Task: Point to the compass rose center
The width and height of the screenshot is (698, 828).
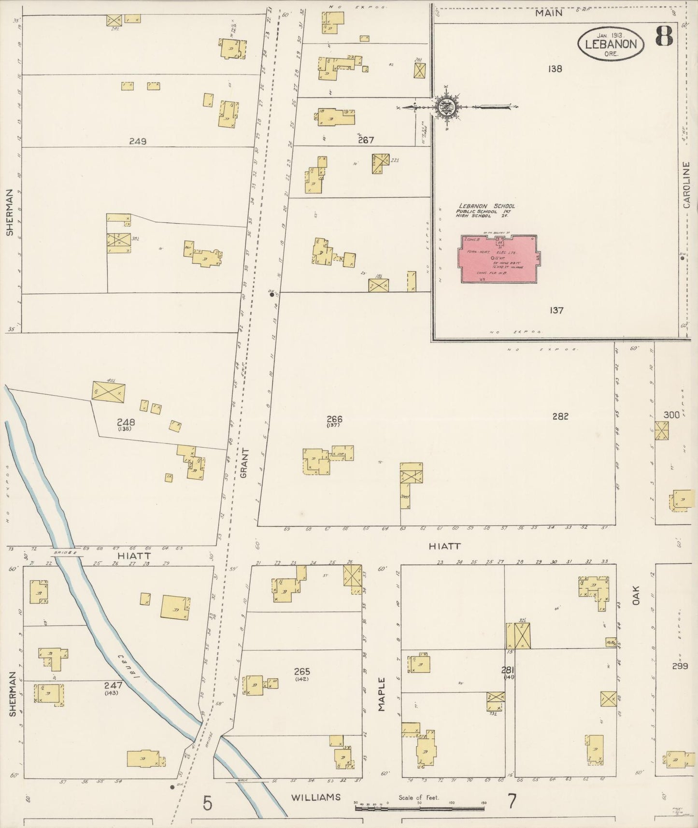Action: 446,106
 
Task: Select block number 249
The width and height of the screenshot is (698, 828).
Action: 138,142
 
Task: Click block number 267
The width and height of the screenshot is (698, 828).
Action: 366,140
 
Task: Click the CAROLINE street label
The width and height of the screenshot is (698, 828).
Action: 687,185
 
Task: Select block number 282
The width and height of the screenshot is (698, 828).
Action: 560,416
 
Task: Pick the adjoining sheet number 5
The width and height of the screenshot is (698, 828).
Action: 207,803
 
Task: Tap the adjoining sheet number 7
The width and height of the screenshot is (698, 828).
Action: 512,801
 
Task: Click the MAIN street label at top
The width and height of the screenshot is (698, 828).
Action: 548,13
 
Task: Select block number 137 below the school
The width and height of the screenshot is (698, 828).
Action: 556,310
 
